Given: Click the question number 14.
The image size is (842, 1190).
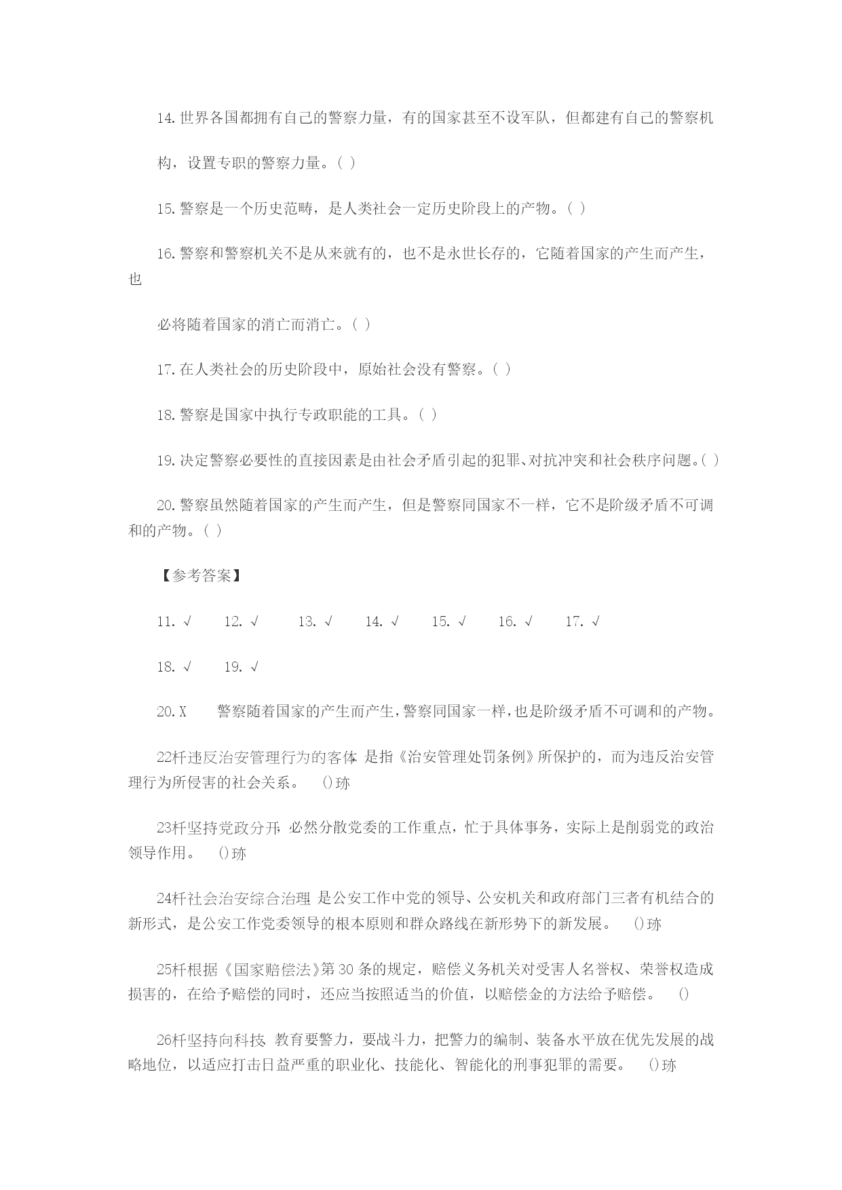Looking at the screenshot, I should click(166, 119).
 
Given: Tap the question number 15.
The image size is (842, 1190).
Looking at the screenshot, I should click(166, 209).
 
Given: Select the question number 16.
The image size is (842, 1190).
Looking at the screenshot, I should click(166, 254).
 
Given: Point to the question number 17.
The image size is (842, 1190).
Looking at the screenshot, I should click(166, 370).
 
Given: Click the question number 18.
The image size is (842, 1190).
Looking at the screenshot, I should click(166, 415).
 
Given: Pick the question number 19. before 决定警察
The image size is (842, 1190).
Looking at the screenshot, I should click(166, 461).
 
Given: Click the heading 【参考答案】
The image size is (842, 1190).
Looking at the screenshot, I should click(202, 576).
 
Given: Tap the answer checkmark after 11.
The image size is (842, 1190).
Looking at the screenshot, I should click(187, 621).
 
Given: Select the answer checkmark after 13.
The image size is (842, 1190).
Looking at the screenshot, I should click(328, 621).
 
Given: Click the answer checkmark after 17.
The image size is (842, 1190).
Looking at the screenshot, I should click(596, 621).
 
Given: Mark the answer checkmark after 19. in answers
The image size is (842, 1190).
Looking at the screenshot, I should click(254, 667).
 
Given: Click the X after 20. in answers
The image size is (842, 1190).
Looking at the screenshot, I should click(183, 712).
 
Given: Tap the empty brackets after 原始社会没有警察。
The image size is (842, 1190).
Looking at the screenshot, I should click(502, 370).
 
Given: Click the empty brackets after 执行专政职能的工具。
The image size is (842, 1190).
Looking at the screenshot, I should click(428, 415).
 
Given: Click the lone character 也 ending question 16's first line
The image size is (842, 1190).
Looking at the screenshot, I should click(135, 279).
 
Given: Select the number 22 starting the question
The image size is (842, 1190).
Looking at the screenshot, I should click(164, 757).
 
